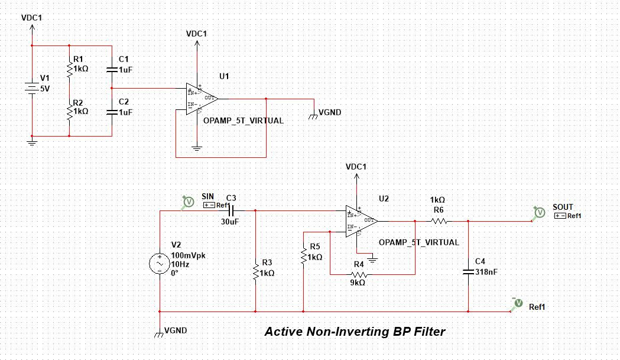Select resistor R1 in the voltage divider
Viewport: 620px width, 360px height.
(70, 69)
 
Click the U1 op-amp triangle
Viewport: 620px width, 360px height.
(201, 98)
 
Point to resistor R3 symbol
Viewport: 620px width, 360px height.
(255, 273)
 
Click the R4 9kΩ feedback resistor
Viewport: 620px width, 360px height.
(358, 274)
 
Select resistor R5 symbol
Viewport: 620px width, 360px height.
(303, 256)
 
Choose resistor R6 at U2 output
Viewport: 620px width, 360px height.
(438, 221)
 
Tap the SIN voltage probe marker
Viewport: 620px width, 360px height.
(188, 202)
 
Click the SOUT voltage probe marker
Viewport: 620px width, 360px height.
(538, 212)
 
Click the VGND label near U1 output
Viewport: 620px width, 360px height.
(329, 112)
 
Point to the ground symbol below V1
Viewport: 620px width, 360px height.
(32, 141)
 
